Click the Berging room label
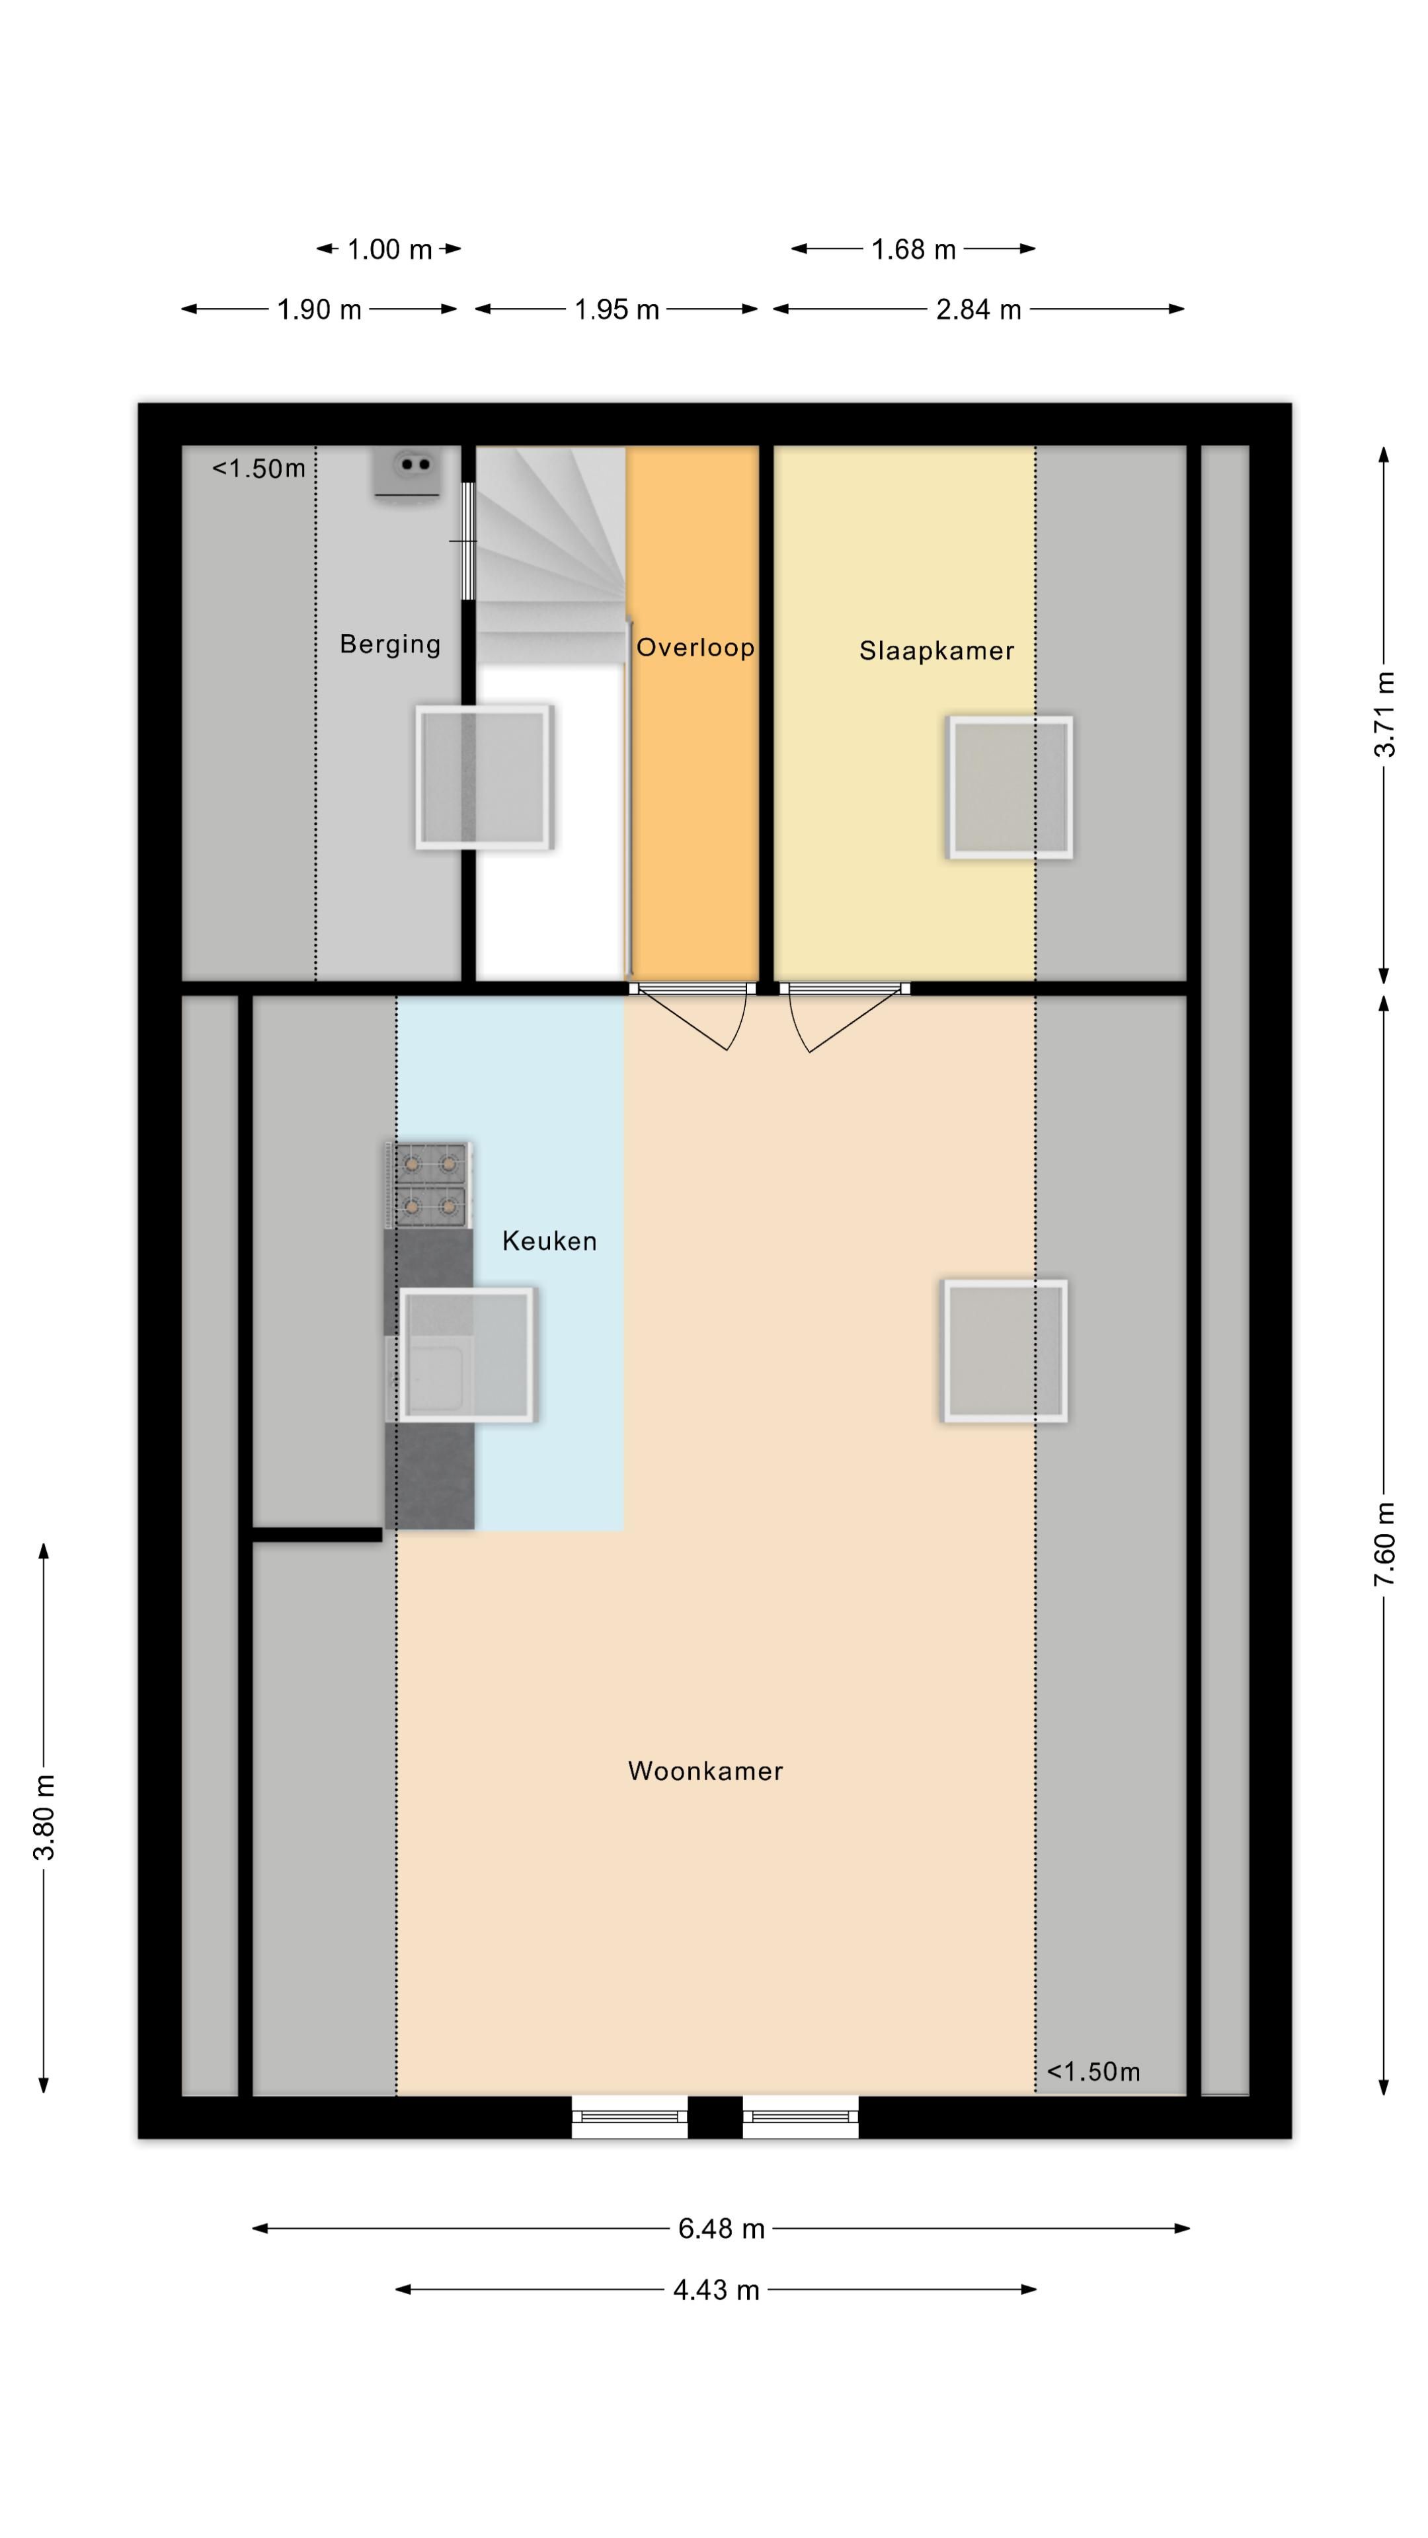point(389,644)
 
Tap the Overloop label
point(695,647)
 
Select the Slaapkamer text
point(936,650)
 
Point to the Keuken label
point(549,1241)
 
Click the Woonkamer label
point(705,1771)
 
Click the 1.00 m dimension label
point(389,249)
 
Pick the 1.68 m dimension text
point(914,249)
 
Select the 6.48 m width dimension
point(721,2229)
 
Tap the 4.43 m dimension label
point(717,2289)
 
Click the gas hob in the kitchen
point(430,1185)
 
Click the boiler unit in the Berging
point(405,474)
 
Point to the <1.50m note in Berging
point(259,468)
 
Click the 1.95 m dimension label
point(617,309)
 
